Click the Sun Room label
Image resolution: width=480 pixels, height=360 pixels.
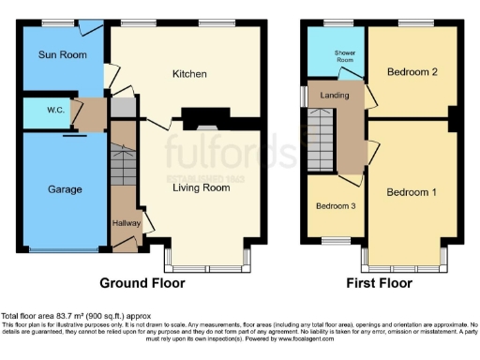[55, 55]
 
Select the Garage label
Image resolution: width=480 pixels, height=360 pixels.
[66, 188]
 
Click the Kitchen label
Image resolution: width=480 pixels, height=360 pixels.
[188, 74]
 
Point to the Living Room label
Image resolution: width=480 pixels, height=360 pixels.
[201, 187]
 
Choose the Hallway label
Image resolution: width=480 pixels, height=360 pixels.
[127, 223]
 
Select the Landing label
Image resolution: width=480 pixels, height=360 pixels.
[335, 95]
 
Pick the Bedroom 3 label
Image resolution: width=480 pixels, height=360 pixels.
[335, 206]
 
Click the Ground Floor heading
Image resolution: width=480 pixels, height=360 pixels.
[142, 282]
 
